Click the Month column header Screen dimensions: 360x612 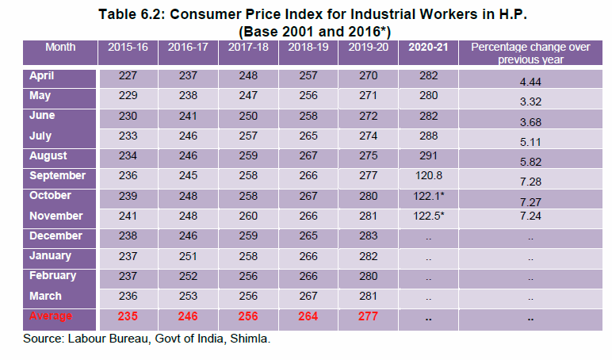click(x=60, y=48)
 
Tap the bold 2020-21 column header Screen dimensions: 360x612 click(x=428, y=48)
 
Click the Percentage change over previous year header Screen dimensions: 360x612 click(x=530, y=53)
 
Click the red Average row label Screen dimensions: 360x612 click(x=50, y=316)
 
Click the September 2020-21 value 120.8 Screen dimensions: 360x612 click(x=428, y=176)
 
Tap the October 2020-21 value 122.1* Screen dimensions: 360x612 click(x=428, y=196)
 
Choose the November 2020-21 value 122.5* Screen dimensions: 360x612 click(x=428, y=216)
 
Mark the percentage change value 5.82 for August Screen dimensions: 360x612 click(x=530, y=161)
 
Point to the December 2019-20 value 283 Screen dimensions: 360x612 click(x=366, y=236)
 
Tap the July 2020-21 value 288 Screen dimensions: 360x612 click(x=428, y=136)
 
